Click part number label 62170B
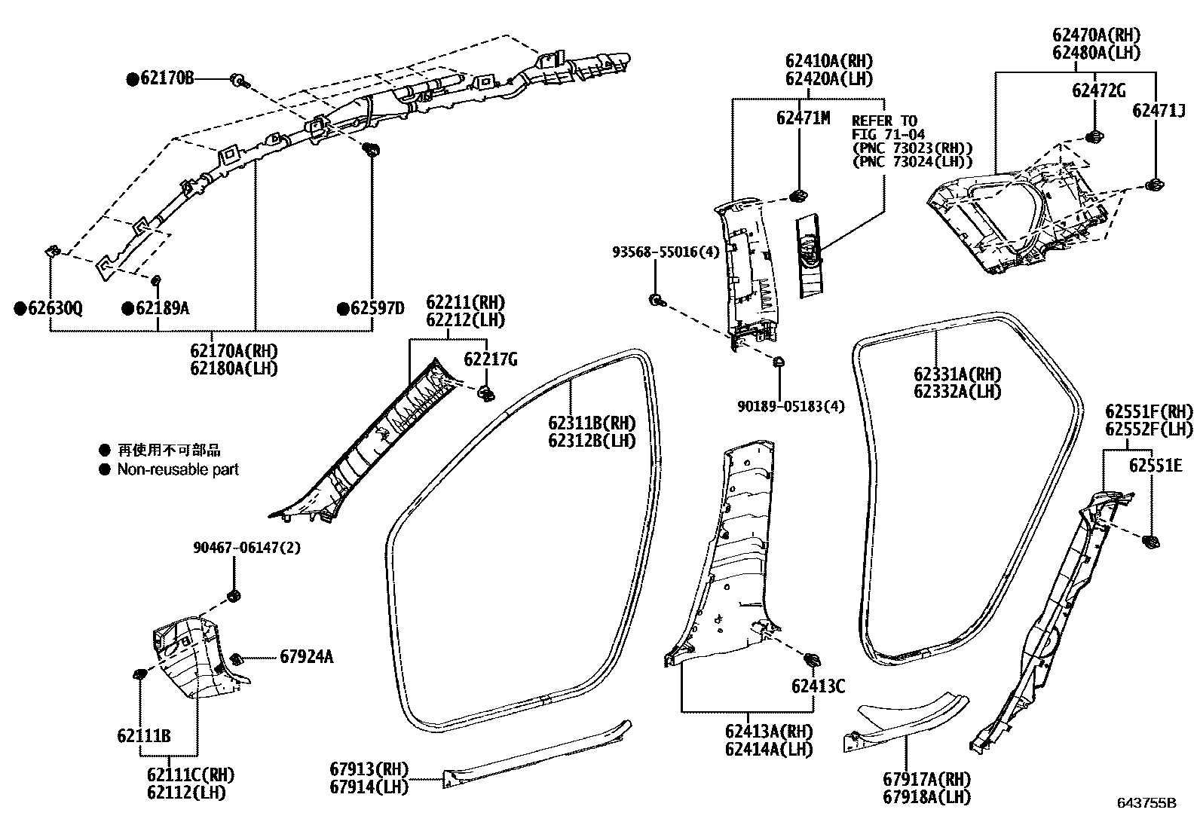click(x=166, y=78)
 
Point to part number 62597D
click(x=377, y=308)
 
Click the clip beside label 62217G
click(x=487, y=392)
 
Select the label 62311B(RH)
click(x=592, y=423)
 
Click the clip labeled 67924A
click(x=235, y=658)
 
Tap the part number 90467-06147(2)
click(x=245, y=548)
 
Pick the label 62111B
click(x=143, y=735)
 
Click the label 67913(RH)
click(x=369, y=769)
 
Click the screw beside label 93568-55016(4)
click(x=656, y=300)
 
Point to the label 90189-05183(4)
click(x=791, y=406)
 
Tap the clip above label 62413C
click(x=812, y=659)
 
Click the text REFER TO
click(x=884, y=121)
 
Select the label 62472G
click(x=1099, y=91)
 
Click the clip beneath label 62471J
click(x=1153, y=185)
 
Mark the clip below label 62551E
click(x=1150, y=541)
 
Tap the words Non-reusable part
click(x=178, y=469)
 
